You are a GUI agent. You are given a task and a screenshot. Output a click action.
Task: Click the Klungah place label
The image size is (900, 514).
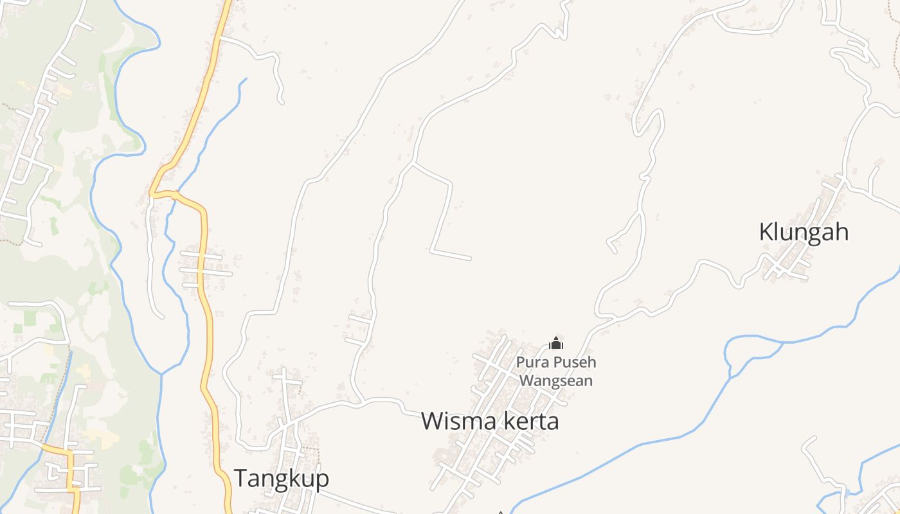point(804,232)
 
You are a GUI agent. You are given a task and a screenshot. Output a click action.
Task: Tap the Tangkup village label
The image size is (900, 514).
point(281,479)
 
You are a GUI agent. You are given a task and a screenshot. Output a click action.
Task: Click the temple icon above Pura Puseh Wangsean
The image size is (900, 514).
point(556,344)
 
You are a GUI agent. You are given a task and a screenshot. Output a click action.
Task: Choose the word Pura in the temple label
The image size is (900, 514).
point(528,362)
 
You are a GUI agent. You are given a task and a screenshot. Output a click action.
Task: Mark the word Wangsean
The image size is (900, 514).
point(556,380)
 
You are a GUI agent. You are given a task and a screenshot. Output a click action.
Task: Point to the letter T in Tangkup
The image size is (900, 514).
point(240,479)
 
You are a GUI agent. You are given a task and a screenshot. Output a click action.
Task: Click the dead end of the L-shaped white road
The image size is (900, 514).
point(470,258)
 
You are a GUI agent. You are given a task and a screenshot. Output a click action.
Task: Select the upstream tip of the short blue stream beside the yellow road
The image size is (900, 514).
point(246,80)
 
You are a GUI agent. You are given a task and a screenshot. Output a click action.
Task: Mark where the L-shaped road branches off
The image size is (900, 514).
point(412,164)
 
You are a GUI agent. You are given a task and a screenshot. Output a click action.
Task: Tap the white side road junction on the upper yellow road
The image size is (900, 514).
point(220,38)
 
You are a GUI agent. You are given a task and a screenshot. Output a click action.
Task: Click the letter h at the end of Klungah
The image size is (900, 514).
point(842,232)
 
